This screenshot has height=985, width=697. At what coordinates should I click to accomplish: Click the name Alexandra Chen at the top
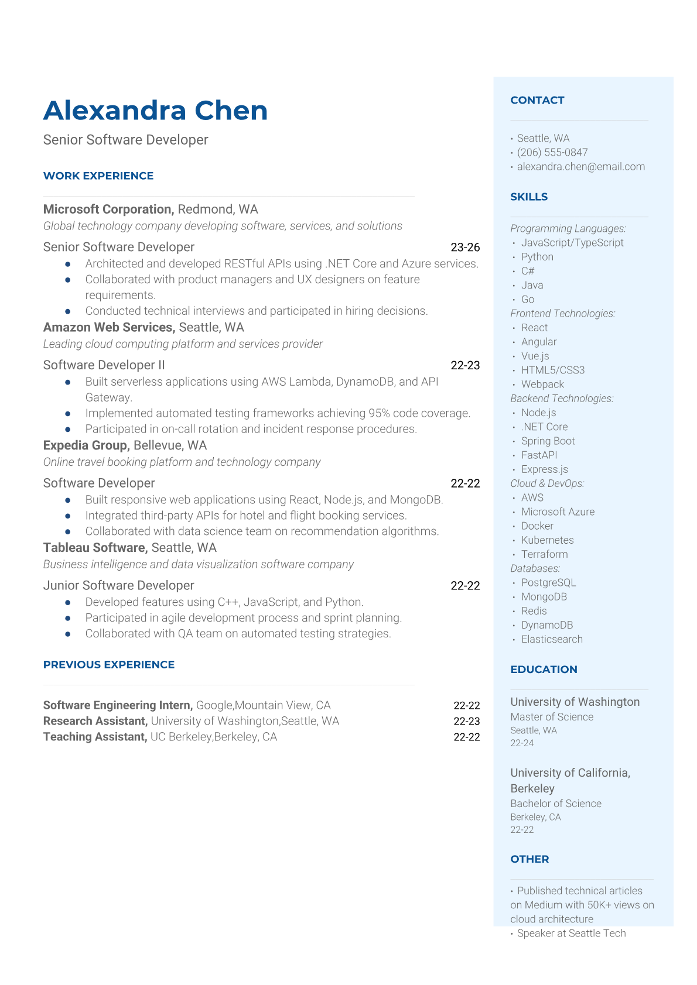[155, 111]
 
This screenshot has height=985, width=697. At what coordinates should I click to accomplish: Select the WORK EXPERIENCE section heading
[98, 176]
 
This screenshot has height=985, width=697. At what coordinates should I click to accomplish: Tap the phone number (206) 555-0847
[552, 152]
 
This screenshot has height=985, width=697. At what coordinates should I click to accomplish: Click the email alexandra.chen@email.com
[580, 166]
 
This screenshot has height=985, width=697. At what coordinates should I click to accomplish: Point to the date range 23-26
[465, 247]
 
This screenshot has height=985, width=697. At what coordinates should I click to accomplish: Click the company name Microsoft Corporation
[108, 209]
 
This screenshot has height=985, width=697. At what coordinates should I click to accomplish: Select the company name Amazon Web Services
[109, 327]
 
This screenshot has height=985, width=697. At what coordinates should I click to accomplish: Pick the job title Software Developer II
[104, 365]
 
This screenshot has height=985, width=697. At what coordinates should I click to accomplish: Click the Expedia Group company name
[86, 445]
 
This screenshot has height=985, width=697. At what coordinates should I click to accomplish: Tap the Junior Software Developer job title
[118, 585]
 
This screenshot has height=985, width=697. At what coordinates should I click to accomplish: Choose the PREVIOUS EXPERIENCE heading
[109, 664]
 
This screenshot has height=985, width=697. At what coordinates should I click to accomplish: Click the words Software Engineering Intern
[118, 705]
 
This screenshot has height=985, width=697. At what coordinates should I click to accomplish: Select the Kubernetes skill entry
[547, 540]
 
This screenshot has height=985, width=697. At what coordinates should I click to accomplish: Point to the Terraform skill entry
[544, 554]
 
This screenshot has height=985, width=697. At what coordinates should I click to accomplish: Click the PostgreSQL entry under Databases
[548, 582]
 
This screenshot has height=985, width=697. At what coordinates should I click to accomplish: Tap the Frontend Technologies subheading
[562, 314]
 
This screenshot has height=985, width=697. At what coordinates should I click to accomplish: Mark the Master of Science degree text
[552, 717]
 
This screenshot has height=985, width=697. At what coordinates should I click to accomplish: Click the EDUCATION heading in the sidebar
[544, 670]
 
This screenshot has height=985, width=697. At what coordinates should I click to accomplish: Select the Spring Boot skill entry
[548, 441]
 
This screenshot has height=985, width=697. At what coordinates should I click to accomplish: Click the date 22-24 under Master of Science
[522, 743]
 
